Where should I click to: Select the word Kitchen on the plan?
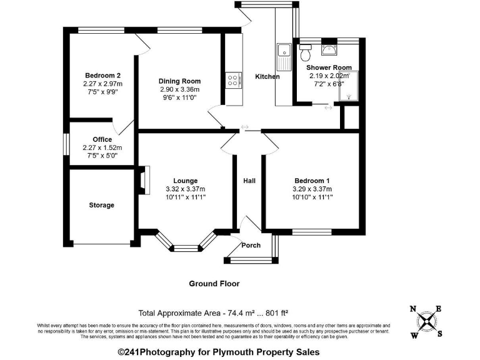(267, 77)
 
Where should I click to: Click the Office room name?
(102, 139)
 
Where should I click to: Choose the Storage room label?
(101, 205)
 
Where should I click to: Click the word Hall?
(249, 181)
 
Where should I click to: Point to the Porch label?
(251, 245)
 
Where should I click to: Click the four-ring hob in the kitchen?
(234, 81)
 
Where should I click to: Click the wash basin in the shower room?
(329, 50)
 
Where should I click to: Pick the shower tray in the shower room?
(349, 87)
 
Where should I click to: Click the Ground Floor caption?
(214, 283)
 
